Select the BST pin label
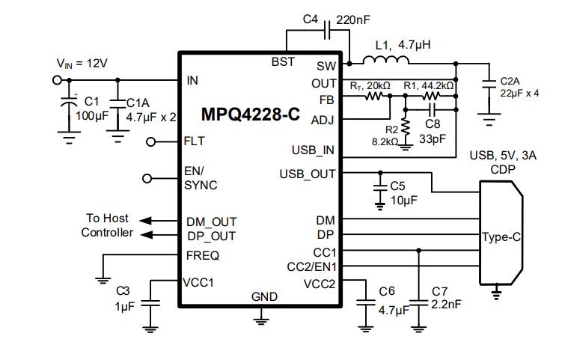(282, 62)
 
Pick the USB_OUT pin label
(307, 174)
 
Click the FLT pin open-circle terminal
(150, 141)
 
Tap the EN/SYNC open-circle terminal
(147, 178)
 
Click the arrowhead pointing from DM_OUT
(144, 221)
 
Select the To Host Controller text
(106, 225)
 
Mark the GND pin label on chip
(263, 296)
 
